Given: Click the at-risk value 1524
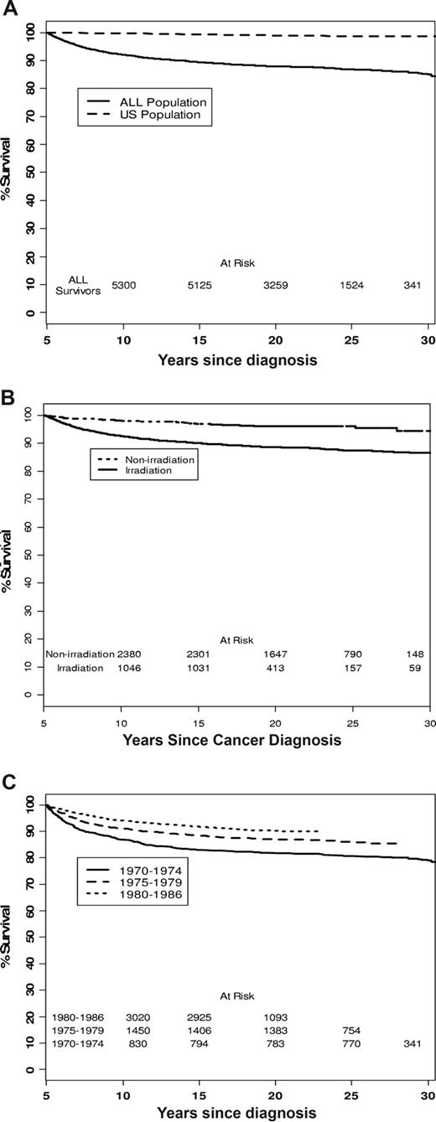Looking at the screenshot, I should (351, 286).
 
